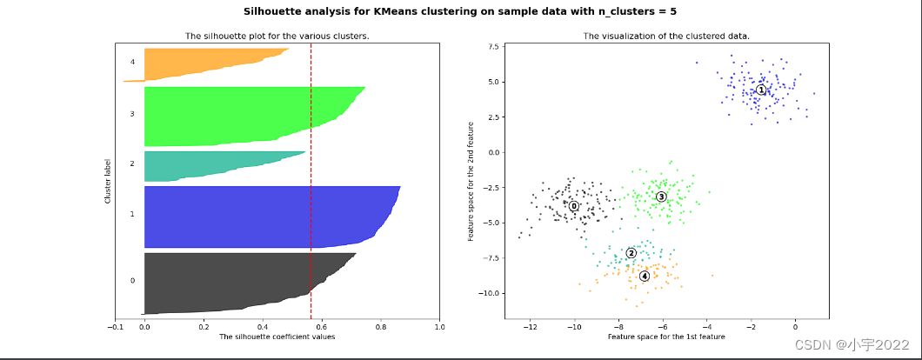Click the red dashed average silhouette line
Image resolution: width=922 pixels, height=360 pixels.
click(311, 174)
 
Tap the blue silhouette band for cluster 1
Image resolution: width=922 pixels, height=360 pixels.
click(261, 217)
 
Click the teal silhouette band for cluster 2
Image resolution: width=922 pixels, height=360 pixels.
click(217, 165)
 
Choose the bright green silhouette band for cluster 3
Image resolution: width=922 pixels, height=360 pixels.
click(244, 115)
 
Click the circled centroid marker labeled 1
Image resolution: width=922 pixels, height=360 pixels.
click(761, 90)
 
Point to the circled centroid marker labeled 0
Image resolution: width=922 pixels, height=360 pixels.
click(574, 206)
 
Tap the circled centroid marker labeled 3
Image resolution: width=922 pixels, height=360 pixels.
click(661, 197)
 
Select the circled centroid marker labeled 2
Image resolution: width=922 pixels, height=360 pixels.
click(631, 253)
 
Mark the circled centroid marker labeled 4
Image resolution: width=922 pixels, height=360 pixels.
click(645, 276)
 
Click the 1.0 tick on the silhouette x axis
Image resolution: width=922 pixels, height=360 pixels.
click(439, 327)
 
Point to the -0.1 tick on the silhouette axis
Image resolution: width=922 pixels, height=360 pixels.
click(115, 327)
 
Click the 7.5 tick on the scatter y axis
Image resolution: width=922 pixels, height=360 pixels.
click(492, 46)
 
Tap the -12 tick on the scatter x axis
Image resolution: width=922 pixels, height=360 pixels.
click(530, 327)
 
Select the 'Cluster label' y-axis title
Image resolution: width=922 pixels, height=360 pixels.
click(108, 181)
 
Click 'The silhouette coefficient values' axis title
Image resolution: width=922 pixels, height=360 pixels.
click(277, 337)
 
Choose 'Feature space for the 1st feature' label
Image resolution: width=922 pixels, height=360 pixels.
click(665, 337)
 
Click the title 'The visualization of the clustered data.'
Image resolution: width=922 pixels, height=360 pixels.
click(665, 37)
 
